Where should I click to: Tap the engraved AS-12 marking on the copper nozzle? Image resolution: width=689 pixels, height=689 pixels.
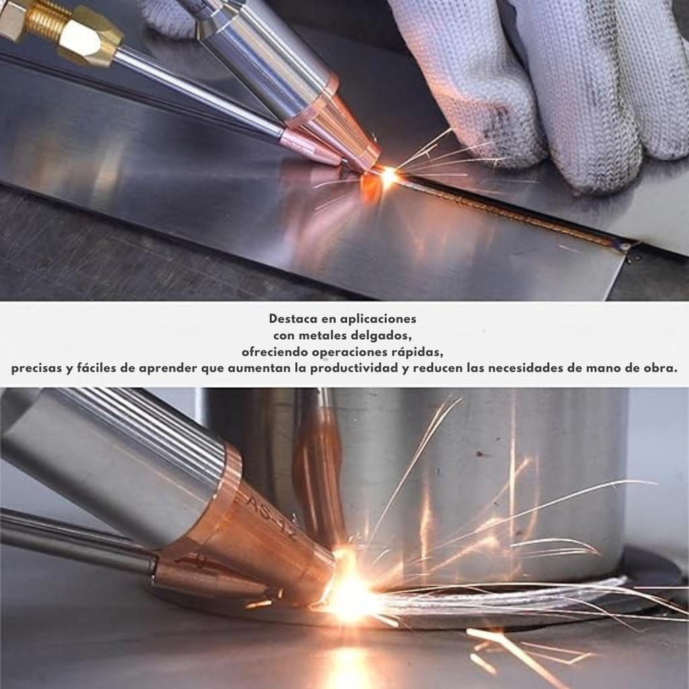[x=272, y=517]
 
